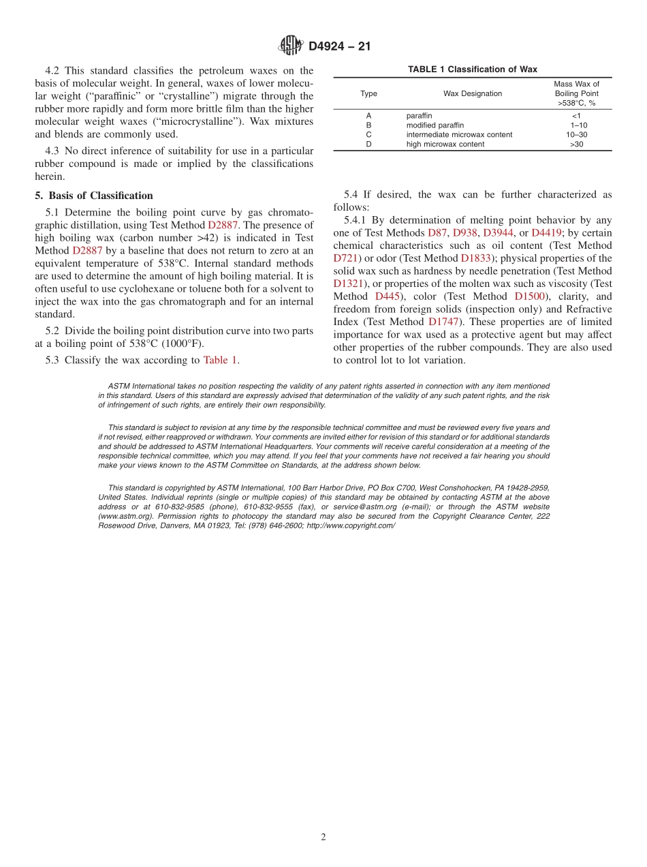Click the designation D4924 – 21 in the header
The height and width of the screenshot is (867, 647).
(x=338, y=46)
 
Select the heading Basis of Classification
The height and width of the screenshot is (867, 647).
(x=94, y=196)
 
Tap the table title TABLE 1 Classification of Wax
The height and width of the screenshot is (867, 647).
(x=473, y=70)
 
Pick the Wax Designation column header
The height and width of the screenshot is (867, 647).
(x=473, y=93)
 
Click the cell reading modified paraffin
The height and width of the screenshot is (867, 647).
(x=435, y=125)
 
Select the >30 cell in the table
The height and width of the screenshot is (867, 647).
(x=576, y=144)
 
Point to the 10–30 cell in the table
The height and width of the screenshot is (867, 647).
(x=576, y=135)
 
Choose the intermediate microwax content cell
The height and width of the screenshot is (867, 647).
(x=459, y=135)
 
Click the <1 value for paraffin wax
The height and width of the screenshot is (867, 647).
(x=576, y=116)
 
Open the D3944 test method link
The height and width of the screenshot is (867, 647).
(x=499, y=233)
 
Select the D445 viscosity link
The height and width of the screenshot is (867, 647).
(x=387, y=296)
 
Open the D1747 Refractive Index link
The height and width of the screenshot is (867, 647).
(x=443, y=322)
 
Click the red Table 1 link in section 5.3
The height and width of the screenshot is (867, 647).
(x=220, y=360)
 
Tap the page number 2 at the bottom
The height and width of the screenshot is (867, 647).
(x=323, y=838)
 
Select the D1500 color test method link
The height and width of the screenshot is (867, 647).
(x=529, y=296)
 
